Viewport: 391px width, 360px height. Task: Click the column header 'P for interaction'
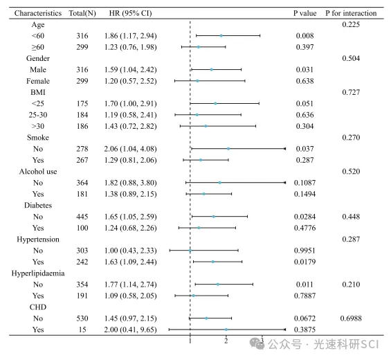click(x=351, y=13)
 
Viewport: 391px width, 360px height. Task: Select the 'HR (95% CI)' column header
click(x=130, y=13)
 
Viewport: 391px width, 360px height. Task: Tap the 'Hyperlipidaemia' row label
click(x=38, y=273)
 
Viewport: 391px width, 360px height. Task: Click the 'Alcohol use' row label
click(x=38, y=172)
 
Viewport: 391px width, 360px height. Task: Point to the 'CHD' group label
click(x=38, y=307)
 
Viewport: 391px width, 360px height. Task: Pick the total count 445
click(x=82, y=217)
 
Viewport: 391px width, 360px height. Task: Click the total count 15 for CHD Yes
click(x=82, y=330)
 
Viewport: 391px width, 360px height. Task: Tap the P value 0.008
click(x=304, y=36)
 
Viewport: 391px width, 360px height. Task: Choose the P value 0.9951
click(x=304, y=251)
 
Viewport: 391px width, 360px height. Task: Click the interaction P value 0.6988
click(x=351, y=318)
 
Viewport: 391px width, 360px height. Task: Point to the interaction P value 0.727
click(x=351, y=92)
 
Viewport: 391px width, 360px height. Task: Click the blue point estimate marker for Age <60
click(x=221, y=36)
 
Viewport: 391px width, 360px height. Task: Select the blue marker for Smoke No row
click(x=228, y=149)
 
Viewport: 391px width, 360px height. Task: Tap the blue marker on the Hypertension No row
click(x=190, y=251)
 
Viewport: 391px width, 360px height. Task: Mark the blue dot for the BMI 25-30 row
click(x=197, y=115)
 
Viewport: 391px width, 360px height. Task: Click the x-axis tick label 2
click(x=226, y=341)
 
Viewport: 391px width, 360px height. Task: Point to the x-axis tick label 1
click(x=190, y=341)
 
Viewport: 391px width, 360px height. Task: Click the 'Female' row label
click(x=38, y=81)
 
